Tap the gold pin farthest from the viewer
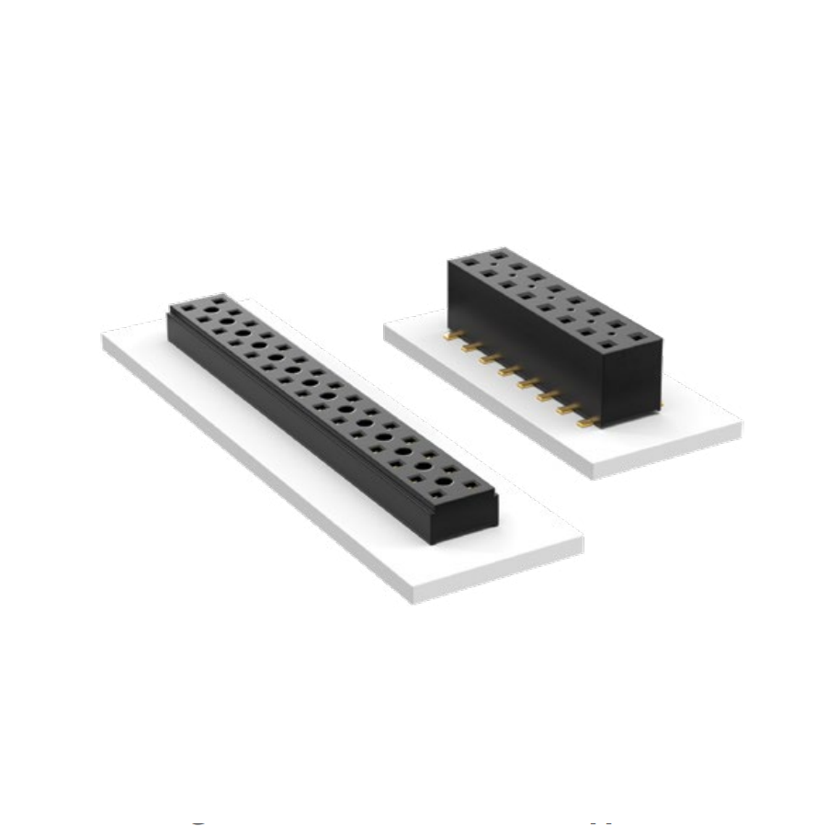point(451,336)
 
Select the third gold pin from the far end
point(490,357)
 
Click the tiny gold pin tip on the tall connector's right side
point(658,405)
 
